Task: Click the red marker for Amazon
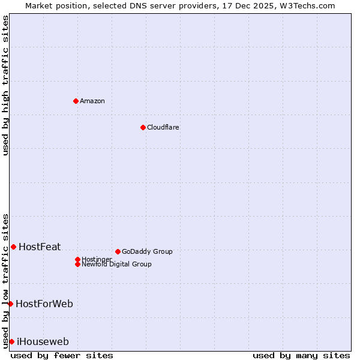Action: point(76,101)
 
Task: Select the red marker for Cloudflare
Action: point(143,127)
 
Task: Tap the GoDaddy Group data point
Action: point(118,251)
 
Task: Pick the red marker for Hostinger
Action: point(77,259)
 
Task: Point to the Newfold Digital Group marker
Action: point(77,264)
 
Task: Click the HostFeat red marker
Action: point(13,247)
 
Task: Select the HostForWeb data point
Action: point(10,304)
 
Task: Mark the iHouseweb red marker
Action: point(11,341)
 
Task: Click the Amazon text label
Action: point(92,101)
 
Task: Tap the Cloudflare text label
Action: point(163,127)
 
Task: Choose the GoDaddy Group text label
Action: point(147,251)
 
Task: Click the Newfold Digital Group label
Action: point(116,265)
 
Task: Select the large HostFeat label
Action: point(40,247)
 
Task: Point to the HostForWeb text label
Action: point(44,304)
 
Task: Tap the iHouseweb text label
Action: point(43,342)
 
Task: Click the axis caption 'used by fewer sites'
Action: point(62,355)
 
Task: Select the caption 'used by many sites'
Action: point(301,355)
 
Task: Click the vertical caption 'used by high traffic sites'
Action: point(5,86)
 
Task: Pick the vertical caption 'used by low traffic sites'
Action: point(5,280)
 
